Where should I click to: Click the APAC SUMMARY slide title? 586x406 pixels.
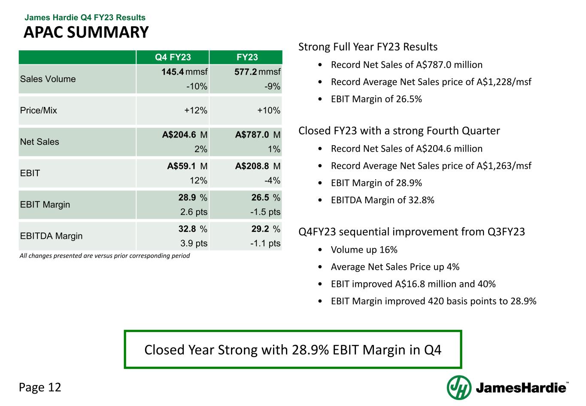pyautogui.click(x=86, y=32)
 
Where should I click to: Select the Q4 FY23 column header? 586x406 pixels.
pyautogui.click(x=173, y=58)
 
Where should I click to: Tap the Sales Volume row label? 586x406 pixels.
pyautogui.click(x=48, y=79)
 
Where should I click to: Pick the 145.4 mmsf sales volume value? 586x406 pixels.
pyautogui.click(x=184, y=72)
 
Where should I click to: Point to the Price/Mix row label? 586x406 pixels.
pyautogui.click(x=39, y=110)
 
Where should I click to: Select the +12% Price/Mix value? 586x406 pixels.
pyautogui.click(x=196, y=110)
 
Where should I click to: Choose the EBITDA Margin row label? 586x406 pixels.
pyautogui.click(x=52, y=236)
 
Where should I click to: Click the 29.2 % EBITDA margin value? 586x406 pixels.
pyautogui.click(x=266, y=229)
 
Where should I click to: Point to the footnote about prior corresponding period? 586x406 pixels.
pyautogui.click(x=105, y=256)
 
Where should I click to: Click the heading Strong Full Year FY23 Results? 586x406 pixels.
pyautogui.click(x=368, y=47)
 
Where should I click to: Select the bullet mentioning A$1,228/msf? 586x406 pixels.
pyautogui.click(x=431, y=82)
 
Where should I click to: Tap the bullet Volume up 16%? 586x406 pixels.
pyautogui.click(x=364, y=250)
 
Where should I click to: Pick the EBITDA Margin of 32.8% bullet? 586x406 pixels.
pyautogui.click(x=383, y=200)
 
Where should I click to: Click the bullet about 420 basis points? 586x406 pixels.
pyautogui.click(x=434, y=301)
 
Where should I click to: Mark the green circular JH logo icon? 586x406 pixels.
pyautogui.click(x=459, y=388)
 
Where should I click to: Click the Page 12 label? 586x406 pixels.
pyautogui.click(x=40, y=388)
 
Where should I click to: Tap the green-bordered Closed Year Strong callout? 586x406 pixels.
pyautogui.click(x=293, y=350)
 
